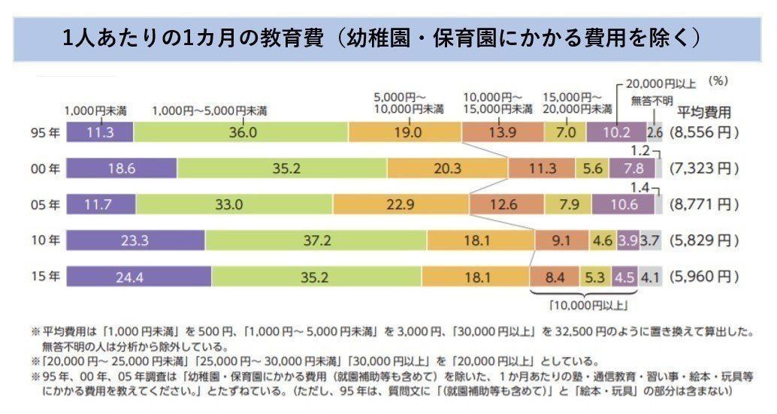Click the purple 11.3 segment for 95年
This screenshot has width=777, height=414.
point(100,132)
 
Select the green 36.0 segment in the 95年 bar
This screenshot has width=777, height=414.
point(241,132)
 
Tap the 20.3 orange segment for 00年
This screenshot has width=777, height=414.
point(447,168)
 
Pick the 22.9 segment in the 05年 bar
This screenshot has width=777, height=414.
point(401,204)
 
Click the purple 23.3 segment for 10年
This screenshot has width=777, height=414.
point(135,240)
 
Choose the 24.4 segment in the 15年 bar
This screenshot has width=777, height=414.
point(138,277)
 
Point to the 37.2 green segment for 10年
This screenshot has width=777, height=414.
point(316,240)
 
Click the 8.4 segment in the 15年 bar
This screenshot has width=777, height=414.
point(555,277)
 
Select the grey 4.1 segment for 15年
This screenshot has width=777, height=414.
point(651,277)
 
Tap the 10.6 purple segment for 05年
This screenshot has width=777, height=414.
point(623,204)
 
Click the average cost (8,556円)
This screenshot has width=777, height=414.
point(704,132)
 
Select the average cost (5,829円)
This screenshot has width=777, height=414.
point(704,240)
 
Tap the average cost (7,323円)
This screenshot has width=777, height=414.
point(704,168)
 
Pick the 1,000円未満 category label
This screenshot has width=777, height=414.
point(95,110)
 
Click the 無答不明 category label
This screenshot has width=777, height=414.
point(651,98)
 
